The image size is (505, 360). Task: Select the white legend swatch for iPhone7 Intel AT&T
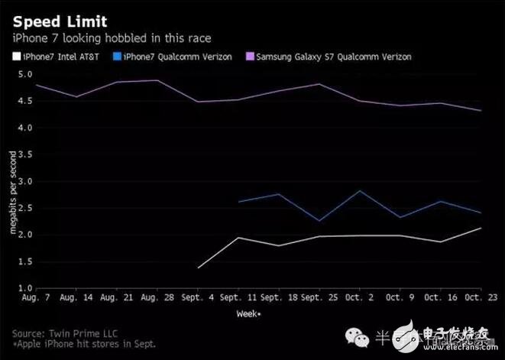coord(17,57)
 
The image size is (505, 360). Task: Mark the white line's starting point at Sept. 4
coord(199,268)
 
